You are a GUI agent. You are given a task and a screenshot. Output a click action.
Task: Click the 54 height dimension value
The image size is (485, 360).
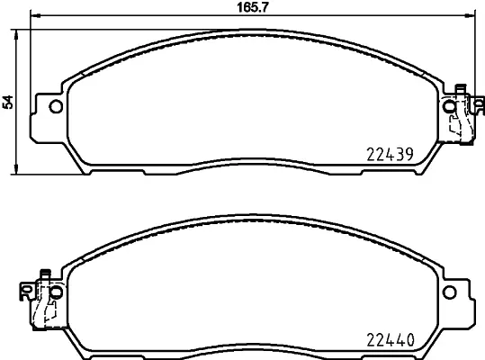[9, 102]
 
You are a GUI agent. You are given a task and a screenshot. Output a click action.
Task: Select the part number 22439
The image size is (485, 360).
[388, 154]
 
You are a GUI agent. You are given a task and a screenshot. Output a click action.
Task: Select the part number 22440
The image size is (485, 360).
[388, 341]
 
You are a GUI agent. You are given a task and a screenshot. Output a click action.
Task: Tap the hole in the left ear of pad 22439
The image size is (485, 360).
[55, 108]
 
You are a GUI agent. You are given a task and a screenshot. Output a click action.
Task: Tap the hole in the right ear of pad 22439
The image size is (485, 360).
[451, 108]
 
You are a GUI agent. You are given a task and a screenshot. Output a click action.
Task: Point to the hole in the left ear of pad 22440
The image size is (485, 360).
[55, 292]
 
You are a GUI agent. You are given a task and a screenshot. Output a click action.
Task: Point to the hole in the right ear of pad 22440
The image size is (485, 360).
[451, 292]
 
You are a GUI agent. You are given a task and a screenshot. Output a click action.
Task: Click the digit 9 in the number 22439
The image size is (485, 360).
[408, 154]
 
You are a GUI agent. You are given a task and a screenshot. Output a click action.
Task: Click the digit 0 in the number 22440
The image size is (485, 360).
[408, 341]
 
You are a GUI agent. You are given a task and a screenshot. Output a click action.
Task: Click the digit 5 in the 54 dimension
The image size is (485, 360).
[9, 106]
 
